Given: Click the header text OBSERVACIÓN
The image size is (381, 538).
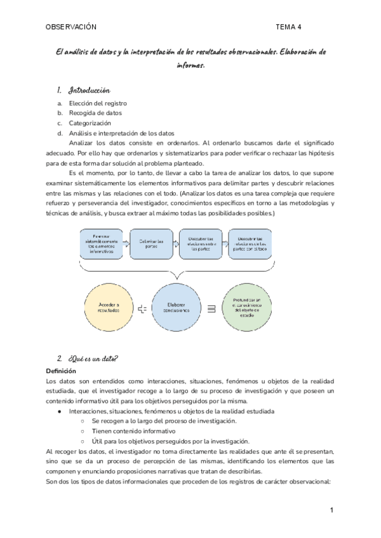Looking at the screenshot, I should tap(71, 27).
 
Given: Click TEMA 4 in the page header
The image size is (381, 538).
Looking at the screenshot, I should tap(289, 27).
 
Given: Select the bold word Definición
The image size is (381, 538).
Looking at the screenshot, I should tap(61, 371).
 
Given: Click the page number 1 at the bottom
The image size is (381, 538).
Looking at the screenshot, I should tap(331, 510).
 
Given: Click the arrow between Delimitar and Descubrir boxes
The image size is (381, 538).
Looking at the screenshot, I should tap(176, 242).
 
